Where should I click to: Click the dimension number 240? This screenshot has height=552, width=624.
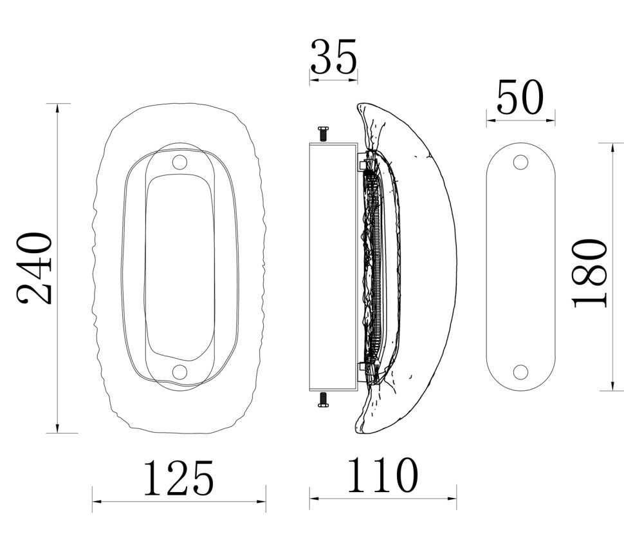click(x=34, y=268)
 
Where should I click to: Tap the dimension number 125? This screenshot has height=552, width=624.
click(x=179, y=478)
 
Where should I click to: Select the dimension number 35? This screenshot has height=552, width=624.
click(x=333, y=57)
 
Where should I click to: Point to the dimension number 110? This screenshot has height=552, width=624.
click(x=383, y=475)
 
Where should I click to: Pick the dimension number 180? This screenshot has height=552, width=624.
click(x=590, y=273)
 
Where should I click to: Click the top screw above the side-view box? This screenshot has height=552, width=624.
click(x=323, y=134)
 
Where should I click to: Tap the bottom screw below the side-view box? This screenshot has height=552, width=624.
click(x=323, y=400)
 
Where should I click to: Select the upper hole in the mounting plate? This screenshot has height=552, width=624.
click(x=520, y=162)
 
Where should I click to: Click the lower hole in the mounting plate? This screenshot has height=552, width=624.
click(x=520, y=372)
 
